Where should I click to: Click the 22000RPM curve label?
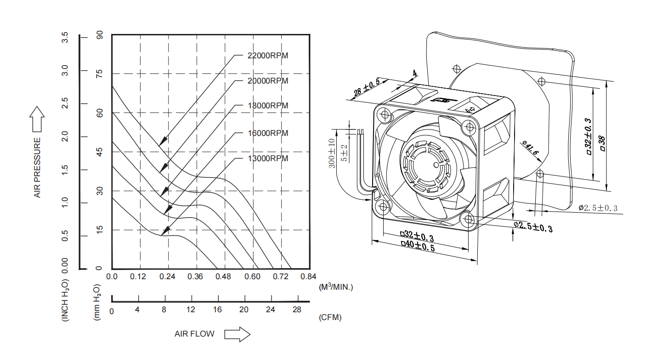click(267, 56)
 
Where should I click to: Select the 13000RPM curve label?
click(267, 158)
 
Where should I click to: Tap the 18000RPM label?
click(267, 106)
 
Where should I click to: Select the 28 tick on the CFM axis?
click(297, 309)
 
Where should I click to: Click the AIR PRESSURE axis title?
click(37, 168)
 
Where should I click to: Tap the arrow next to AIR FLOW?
click(237, 334)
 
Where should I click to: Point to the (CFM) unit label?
click(330, 317)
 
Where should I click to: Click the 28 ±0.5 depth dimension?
click(366, 89)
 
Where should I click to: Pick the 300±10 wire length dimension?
click(332, 152)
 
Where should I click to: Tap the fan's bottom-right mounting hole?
click(469, 219)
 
